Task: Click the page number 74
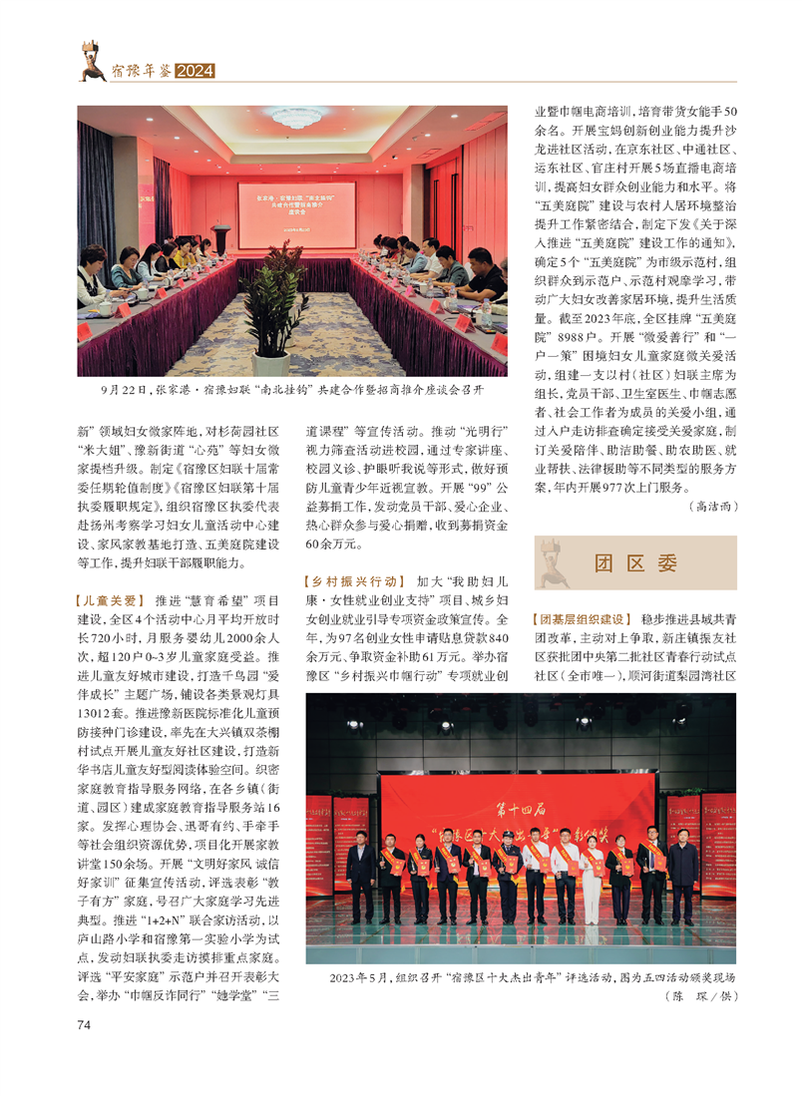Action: coord(83,1024)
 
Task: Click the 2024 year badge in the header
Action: coord(195,71)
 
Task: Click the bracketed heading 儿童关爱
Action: coord(110,601)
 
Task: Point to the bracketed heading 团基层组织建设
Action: coord(581,619)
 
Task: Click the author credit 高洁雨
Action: coord(712,507)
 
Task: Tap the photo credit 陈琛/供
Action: coord(699,996)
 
